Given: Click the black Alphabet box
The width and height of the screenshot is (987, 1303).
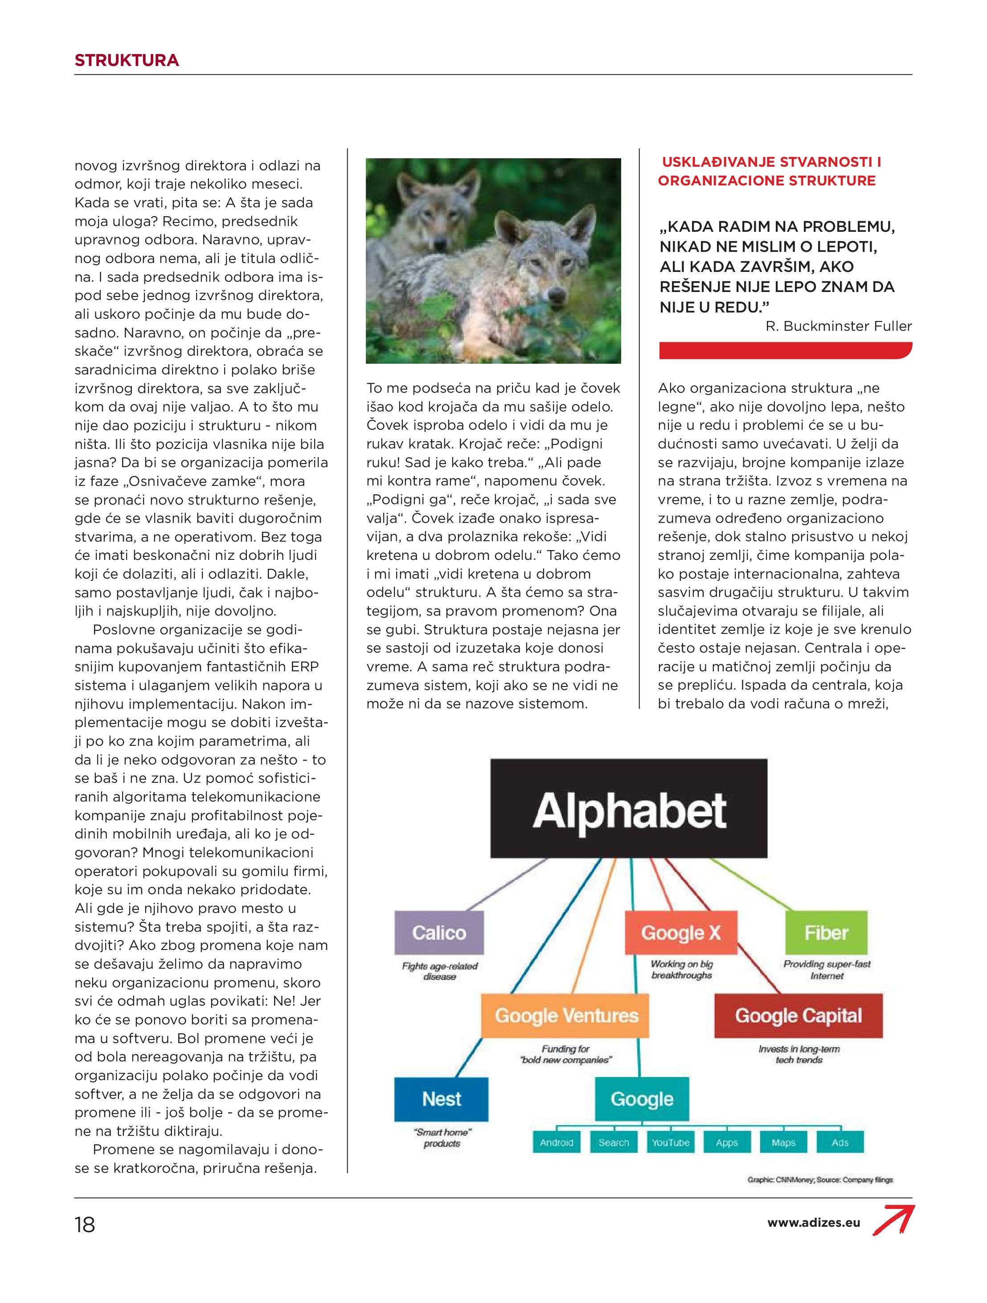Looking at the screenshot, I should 628,808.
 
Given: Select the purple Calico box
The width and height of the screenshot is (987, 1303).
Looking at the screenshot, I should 439,933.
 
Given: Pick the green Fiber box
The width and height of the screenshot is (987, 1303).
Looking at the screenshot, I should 826,933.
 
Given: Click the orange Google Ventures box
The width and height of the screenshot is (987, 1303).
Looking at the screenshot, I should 565,1015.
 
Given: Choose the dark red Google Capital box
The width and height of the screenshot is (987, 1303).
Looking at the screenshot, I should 798,1015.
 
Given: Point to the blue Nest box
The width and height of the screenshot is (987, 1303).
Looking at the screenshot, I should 441,1098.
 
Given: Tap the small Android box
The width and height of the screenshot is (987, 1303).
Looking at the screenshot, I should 556,1142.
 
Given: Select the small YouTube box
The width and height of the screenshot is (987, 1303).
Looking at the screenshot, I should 670,1142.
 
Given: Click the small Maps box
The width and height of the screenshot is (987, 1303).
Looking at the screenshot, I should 783,1142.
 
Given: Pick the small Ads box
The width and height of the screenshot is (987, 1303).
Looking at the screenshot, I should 840,1142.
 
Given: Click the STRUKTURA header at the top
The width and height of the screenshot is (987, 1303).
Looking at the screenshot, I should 127,60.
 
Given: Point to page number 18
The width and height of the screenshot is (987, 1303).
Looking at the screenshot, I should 85,1225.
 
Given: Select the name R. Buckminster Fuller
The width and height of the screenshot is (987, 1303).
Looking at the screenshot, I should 838,326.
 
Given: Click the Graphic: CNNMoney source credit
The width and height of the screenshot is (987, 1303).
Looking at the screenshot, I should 820,1180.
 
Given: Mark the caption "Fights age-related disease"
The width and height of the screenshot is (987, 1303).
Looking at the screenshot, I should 439,971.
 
